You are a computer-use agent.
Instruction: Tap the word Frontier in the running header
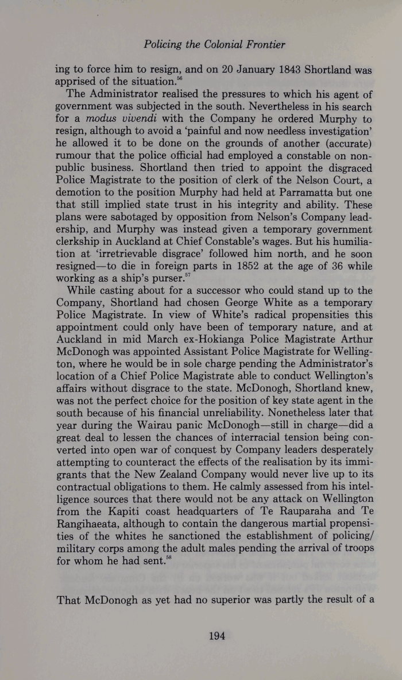[x=261, y=44]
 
